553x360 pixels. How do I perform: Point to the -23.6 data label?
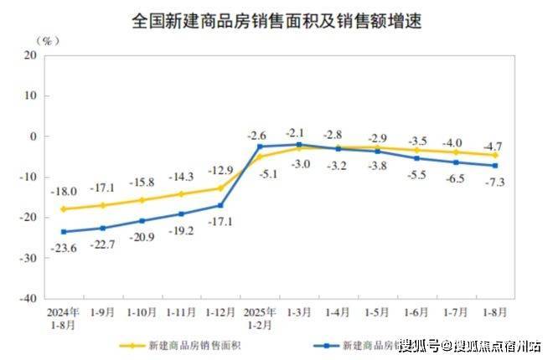(63, 247)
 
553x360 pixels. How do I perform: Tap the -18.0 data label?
(63, 192)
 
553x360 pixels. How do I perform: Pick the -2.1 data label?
(297, 131)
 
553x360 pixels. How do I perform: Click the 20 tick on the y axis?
(30, 55)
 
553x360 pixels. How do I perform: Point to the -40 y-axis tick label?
(28, 298)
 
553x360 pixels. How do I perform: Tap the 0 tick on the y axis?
(34, 136)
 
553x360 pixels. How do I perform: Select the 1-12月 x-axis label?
(220, 311)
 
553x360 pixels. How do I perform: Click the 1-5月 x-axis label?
(377, 311)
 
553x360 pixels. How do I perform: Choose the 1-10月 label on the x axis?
(142, 311)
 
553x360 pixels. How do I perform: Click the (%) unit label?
(49, 39)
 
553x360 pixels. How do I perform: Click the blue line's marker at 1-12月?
(220, 205)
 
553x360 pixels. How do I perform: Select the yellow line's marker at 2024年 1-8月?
(63, 209)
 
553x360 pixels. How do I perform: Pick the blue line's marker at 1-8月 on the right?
(495, 165)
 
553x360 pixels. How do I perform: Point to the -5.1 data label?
(260, 173)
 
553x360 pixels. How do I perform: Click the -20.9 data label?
(142, 237)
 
